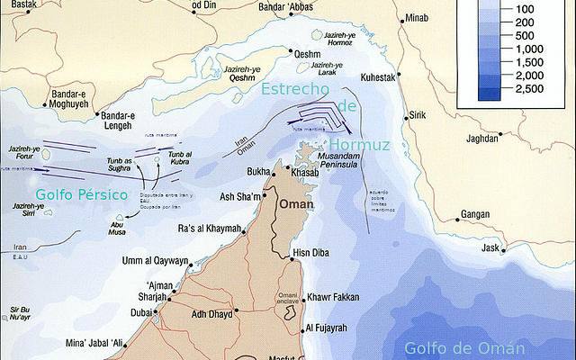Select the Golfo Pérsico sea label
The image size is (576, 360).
82,194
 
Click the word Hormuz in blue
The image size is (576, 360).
359,145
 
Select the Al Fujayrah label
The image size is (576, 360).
334,328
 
